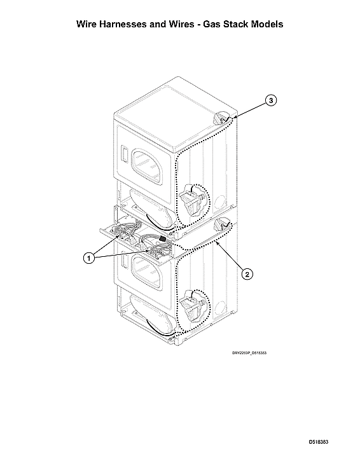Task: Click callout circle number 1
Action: click(x=89, y=257)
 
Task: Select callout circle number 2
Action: click(x=247, y=275)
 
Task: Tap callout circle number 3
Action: click(x=270, y=100)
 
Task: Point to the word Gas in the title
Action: click(x=207, y=24)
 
